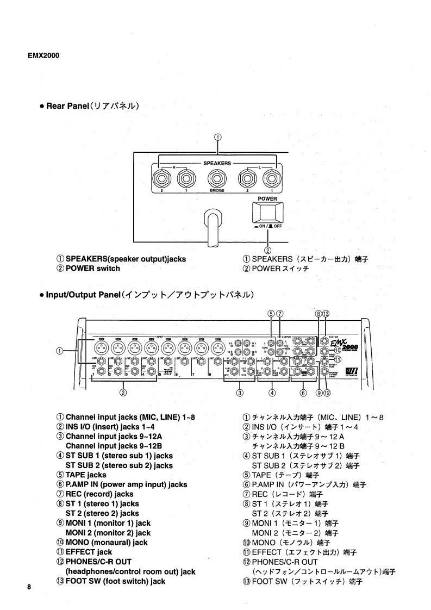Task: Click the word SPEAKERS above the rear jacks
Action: coord(217,163)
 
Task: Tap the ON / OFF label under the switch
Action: coord(267,226)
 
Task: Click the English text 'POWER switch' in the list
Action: coord(92,269)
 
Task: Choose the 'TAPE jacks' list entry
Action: coord(86,475)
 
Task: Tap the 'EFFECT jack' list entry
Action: coord(89,552)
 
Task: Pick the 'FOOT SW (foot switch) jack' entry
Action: coord(115,581)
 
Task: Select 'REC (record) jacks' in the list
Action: coord(99,494)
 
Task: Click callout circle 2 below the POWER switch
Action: coord(267,250)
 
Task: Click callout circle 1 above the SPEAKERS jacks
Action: coord(217,137)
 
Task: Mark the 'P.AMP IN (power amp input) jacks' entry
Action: coord(126,485)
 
